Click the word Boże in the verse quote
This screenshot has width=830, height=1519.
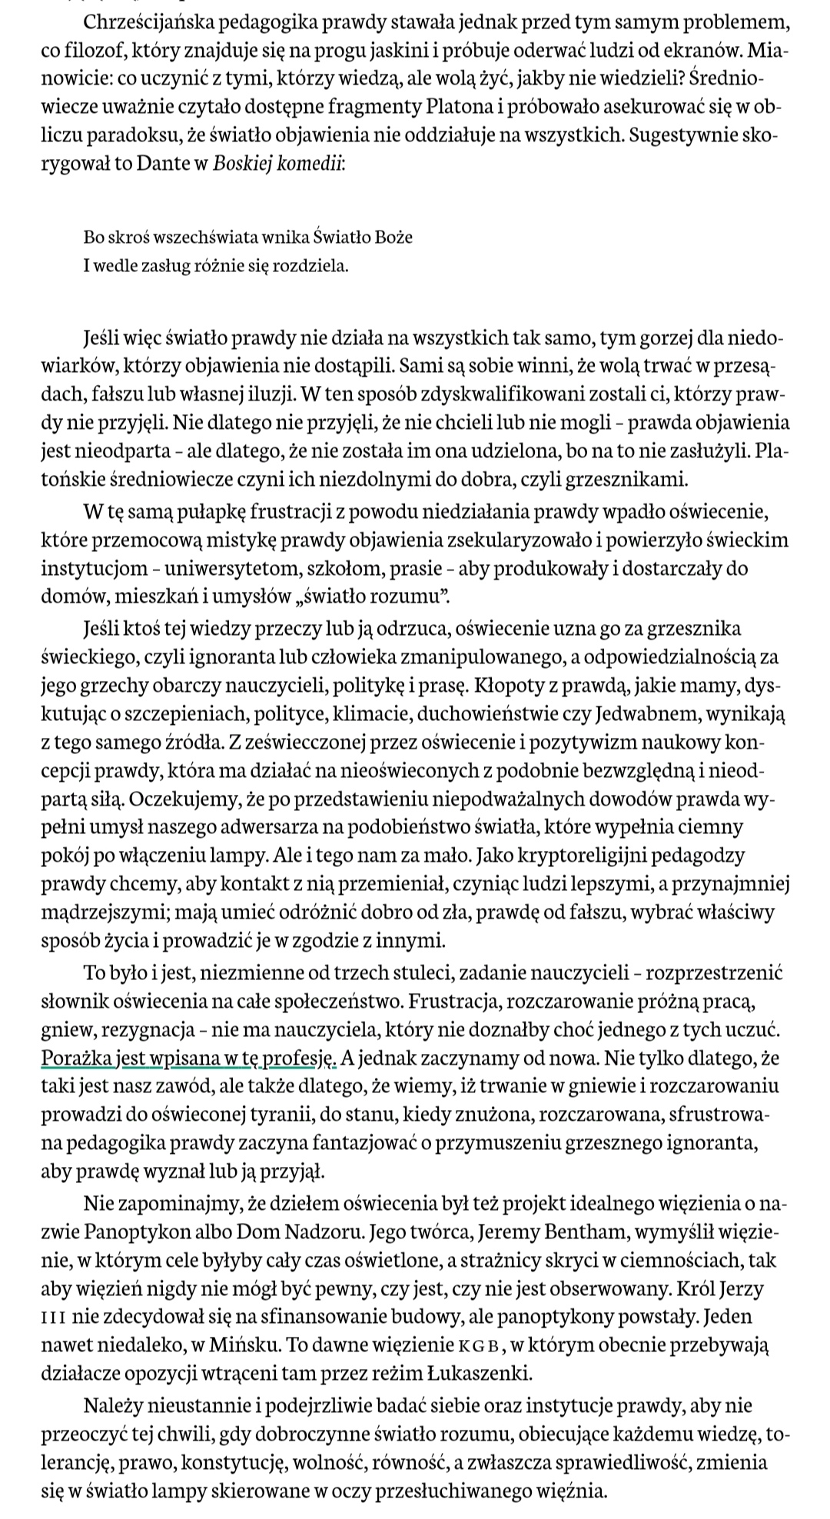pyautogui.click(x=393, y=238)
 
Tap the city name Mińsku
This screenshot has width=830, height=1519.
pyautogui.click(x=214, y=1345)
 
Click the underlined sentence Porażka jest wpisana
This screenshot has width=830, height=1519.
pyautogui.click(x=189, y=1058)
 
